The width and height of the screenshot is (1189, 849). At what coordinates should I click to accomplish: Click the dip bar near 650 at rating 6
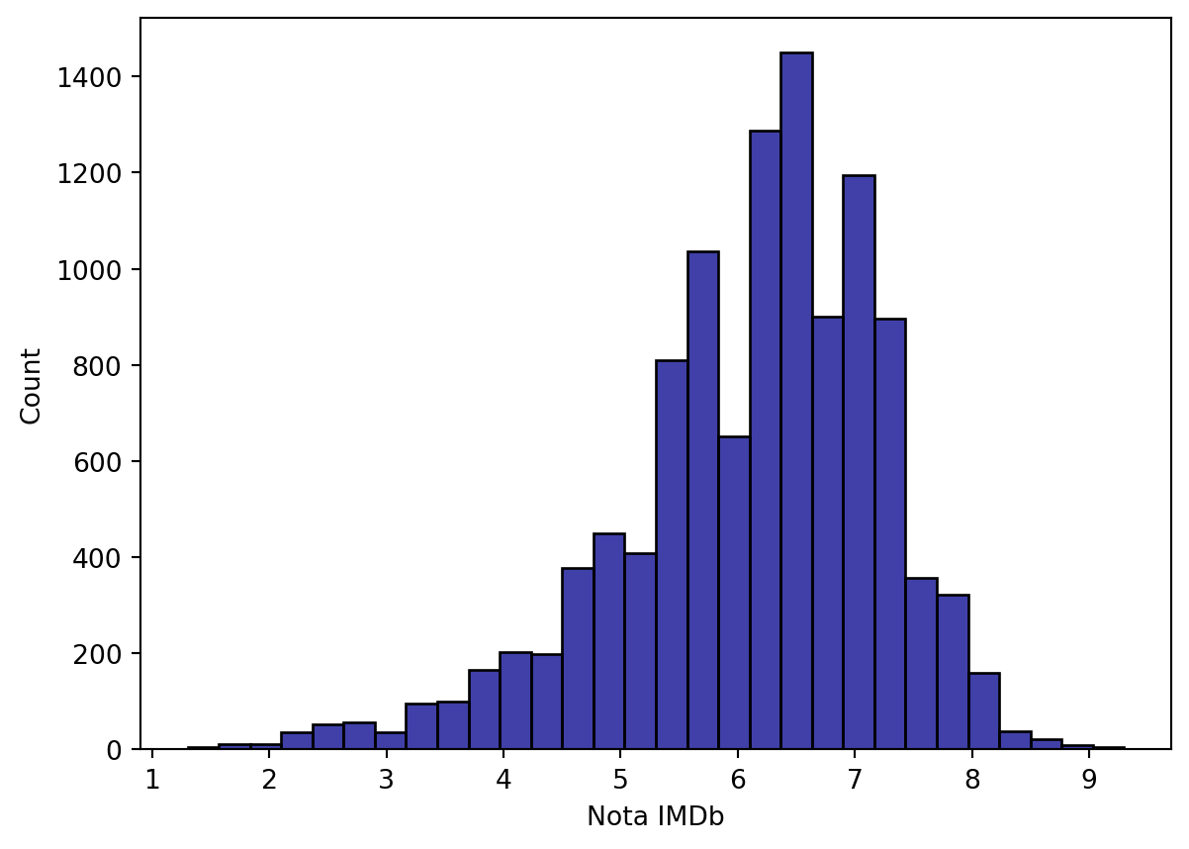[734, 593]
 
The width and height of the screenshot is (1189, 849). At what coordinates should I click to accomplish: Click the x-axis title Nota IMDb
[655, 817]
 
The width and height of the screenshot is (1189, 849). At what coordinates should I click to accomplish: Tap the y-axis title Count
[32, 385]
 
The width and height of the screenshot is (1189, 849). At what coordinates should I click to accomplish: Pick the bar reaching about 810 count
[672, 555]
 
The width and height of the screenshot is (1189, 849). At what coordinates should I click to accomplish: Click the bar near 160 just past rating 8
[983, 711]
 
